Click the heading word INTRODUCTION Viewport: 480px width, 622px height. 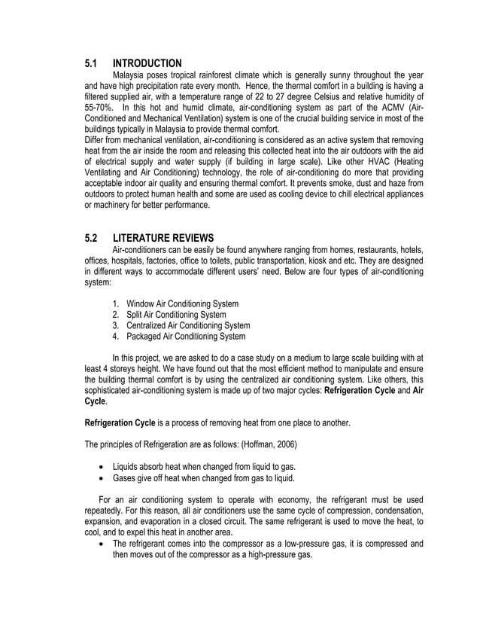147,63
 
